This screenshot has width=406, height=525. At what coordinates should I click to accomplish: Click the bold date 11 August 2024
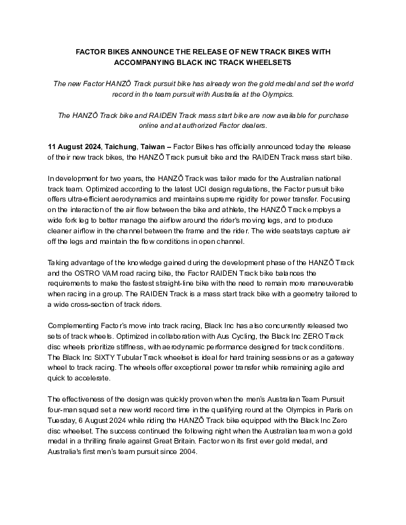coord(73,146)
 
